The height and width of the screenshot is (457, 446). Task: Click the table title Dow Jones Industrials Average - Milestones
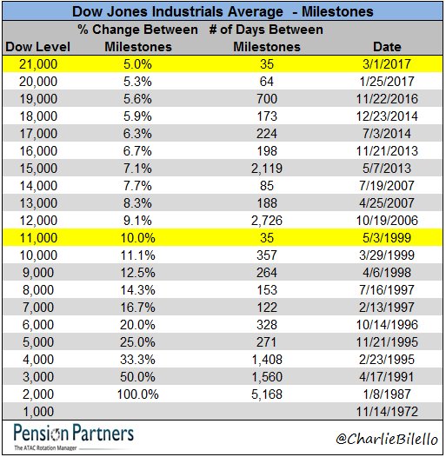tap(223, 11)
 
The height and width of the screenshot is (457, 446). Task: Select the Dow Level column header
tap(38, 47)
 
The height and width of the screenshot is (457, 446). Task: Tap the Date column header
tap(387, 47)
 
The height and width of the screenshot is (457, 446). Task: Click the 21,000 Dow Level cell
tap(38, 64)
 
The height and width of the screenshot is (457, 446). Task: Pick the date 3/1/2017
tap(387, 63)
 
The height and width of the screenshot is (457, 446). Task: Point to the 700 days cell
tap(267, 99)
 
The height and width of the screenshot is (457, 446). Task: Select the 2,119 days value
tap(267, 169)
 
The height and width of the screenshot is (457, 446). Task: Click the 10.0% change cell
tap(137, 238)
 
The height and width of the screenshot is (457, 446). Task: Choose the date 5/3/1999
tap(387, 238)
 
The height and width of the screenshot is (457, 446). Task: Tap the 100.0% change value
tap(137, 394)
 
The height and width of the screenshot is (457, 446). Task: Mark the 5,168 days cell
tap(267, 394)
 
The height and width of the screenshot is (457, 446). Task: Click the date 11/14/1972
tap(387, 412)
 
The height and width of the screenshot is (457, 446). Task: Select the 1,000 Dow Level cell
tap(38, 412)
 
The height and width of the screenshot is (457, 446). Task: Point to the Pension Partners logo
tap(74, 436)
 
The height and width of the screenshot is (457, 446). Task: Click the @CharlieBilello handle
tap(387, 438)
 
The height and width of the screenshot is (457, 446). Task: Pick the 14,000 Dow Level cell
tap(38, 186)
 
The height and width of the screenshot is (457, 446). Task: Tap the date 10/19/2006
tap(387, 221)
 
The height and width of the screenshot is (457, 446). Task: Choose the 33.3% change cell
tap(137, 360)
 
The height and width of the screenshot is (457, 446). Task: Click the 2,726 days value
tap(267, 221)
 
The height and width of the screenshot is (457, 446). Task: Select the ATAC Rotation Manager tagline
tap(45, 447)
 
